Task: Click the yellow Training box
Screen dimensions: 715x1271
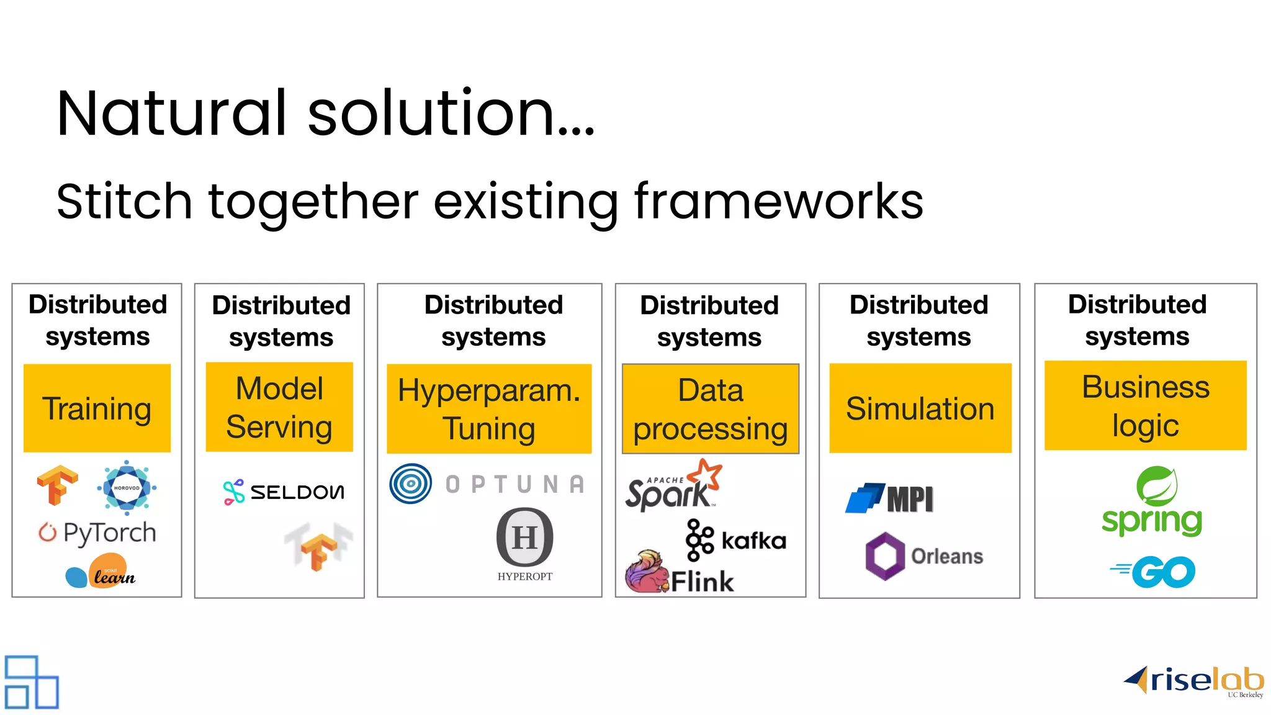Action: [97, 408]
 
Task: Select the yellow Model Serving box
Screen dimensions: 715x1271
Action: [279, 407]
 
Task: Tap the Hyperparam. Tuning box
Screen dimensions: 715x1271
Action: [489, 408]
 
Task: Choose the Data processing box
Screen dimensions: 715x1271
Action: [710, 408]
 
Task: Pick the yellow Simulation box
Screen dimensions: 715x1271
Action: [920, 408]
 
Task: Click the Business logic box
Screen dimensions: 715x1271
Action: [1145, 405]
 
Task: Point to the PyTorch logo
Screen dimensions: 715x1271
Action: [97, 533]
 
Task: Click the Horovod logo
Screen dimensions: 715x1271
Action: [127, 487]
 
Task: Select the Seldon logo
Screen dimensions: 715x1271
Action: [283, 492]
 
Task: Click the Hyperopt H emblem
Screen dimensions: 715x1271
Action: [524, 537]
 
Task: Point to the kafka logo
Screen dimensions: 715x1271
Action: [735, 540]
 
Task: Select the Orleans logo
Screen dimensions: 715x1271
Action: [923, 555]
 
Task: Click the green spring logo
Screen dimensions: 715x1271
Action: [1152, 501]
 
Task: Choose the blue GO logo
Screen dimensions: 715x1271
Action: [1153, 572]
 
